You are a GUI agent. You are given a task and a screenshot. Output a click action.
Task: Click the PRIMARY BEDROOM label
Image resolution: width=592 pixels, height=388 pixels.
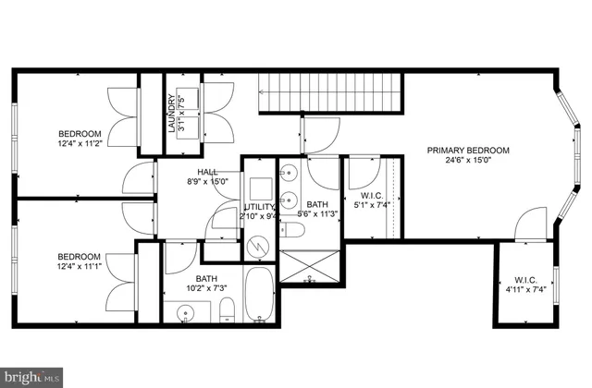point(468,151)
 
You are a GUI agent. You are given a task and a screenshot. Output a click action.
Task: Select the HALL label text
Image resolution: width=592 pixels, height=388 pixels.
point(206,171)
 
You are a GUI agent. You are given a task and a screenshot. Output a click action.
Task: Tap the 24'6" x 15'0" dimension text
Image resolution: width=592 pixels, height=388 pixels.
point(468,163)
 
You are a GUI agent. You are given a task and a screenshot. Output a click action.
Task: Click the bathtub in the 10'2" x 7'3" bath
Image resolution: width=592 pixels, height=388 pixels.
point(261,293)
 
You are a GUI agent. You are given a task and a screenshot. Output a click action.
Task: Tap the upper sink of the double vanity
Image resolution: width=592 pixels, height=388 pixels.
point(290,172)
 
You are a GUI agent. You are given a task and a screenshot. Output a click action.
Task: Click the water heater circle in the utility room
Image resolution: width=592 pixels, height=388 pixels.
point(260,247)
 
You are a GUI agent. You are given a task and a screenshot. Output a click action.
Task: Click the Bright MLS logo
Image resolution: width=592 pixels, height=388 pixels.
point(32,377)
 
